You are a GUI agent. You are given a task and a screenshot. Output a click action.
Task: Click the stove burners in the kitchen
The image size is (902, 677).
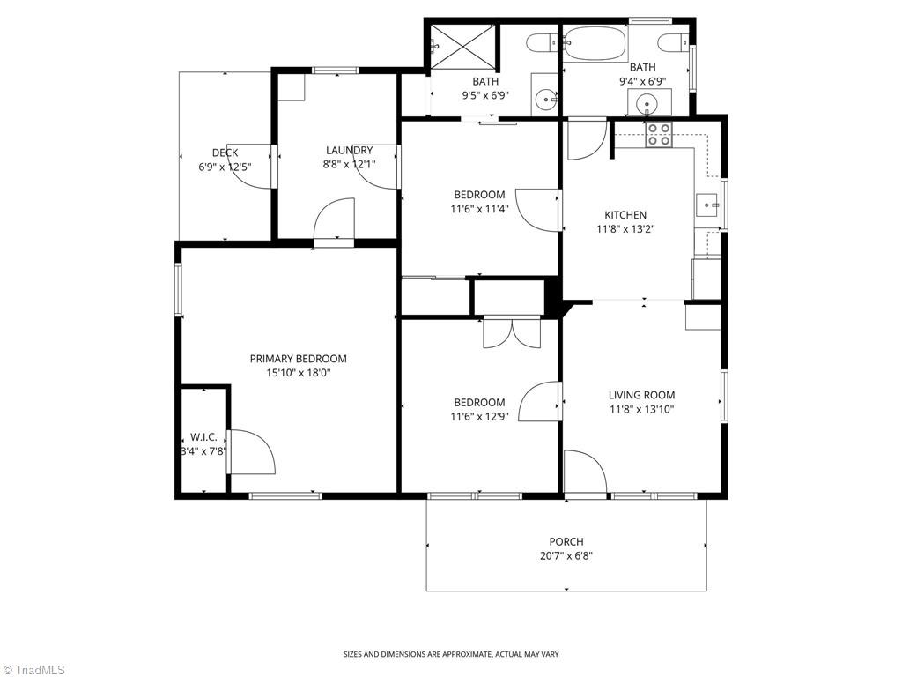pos(658,134)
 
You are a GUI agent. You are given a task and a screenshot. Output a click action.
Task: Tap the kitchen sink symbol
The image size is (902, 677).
pos(707,205)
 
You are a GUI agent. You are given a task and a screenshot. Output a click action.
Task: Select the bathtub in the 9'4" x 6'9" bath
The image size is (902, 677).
pos(595,41)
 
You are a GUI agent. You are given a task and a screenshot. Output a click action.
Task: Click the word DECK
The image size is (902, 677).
pos(225,153)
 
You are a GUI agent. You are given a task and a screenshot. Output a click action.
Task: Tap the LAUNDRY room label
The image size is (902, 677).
pos(349,150)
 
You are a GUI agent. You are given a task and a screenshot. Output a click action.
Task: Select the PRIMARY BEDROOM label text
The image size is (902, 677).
pos(298,359)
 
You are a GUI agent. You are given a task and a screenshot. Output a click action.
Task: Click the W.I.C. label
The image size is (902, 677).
pos(203,437)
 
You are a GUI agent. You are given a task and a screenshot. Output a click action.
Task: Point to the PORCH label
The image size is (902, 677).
pos(566,541)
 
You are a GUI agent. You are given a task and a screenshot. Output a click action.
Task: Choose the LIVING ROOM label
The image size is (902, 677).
pos(641,395)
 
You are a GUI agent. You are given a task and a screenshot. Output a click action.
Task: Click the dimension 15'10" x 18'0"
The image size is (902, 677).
pos(298,373)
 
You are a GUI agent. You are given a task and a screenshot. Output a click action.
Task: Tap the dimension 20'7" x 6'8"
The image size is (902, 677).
pos(566,555)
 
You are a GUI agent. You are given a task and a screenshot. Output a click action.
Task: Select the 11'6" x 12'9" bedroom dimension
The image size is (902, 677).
pos(479,416)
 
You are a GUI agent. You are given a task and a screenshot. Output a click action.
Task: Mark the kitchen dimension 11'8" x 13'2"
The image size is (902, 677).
pos(625,228)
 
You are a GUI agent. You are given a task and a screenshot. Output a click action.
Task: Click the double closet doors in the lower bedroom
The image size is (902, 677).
pos(509,332)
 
